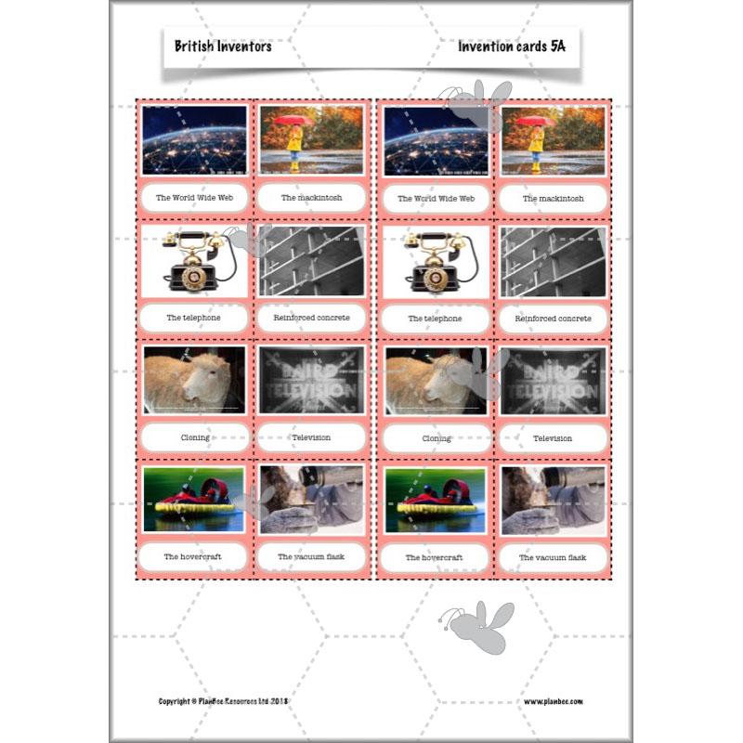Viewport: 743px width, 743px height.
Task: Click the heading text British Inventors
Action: click(x=223, y=46)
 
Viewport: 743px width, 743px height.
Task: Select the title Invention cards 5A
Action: click(x=511, y=46)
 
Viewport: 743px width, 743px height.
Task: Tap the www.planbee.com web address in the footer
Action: click(x=554, y=701)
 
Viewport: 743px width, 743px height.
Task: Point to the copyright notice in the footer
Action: click(x=232, y=701)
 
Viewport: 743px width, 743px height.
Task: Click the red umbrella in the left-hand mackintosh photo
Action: click(x=296, y=121)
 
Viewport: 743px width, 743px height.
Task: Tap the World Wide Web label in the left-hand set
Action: click(x=194, y=198)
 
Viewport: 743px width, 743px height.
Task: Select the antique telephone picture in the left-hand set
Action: click(x=194, y=261)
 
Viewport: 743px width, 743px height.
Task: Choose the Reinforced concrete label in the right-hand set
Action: click(x=553, y=319)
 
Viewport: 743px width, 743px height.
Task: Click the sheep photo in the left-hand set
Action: click(x=194, y=380)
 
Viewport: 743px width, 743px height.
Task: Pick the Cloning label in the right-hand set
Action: click(x=436, y=438)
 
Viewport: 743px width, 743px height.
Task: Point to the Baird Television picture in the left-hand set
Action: click(x=311, y=380)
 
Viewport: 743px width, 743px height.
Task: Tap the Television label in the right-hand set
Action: click(x=553, y=438)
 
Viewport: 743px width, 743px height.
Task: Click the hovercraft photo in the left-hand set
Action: click(x=194, y=500)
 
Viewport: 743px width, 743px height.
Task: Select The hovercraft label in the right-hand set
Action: click(x=436, y=558)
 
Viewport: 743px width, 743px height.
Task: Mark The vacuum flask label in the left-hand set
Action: click(x=311, y=557)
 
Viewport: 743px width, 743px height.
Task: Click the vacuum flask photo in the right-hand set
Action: click(x=553, y=500)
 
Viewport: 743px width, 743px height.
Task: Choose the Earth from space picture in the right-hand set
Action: click(x=436, y=140)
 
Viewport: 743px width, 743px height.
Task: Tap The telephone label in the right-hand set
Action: click(x=436, y=319)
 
